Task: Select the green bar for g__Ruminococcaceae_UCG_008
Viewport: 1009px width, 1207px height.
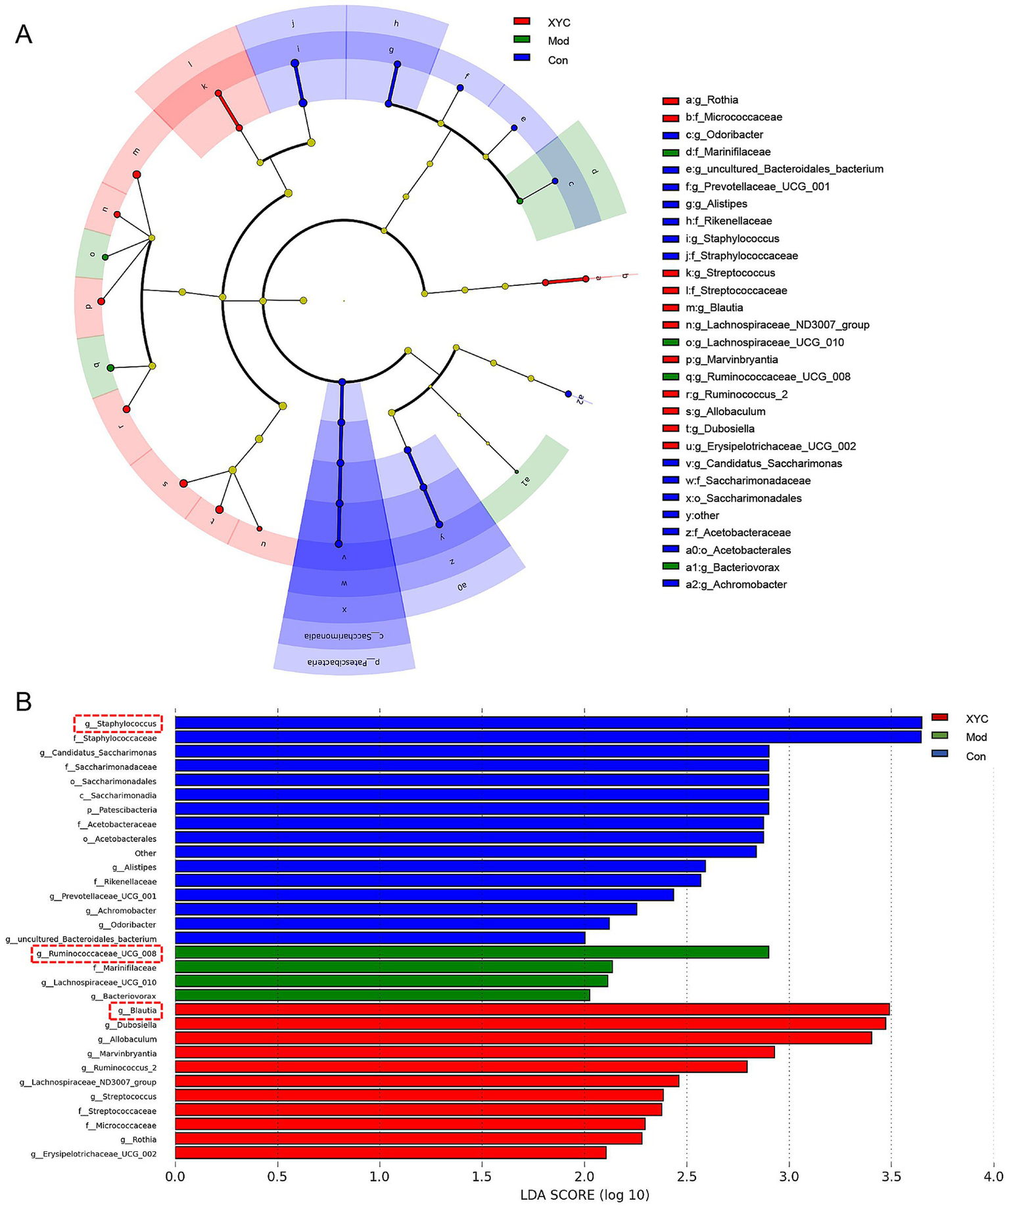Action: pyautogui.click(x=471, y=953)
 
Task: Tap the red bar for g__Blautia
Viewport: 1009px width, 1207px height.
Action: pyautogui.click(x=532, y=1010)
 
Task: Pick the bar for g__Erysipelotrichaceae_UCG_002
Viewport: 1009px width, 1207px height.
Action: pyautogui.click(x=390, y=1153)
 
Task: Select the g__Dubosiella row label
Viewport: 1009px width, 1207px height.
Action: pyautogui.click(x=131, y=1025)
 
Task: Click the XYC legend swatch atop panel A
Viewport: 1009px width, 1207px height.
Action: pyautogui.click(x=521, y=22)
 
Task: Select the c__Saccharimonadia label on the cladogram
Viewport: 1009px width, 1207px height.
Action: pyautogui.click(x=344, y=636)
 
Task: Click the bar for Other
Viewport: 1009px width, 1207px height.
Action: pyautogui.click(x=465, y=852)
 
